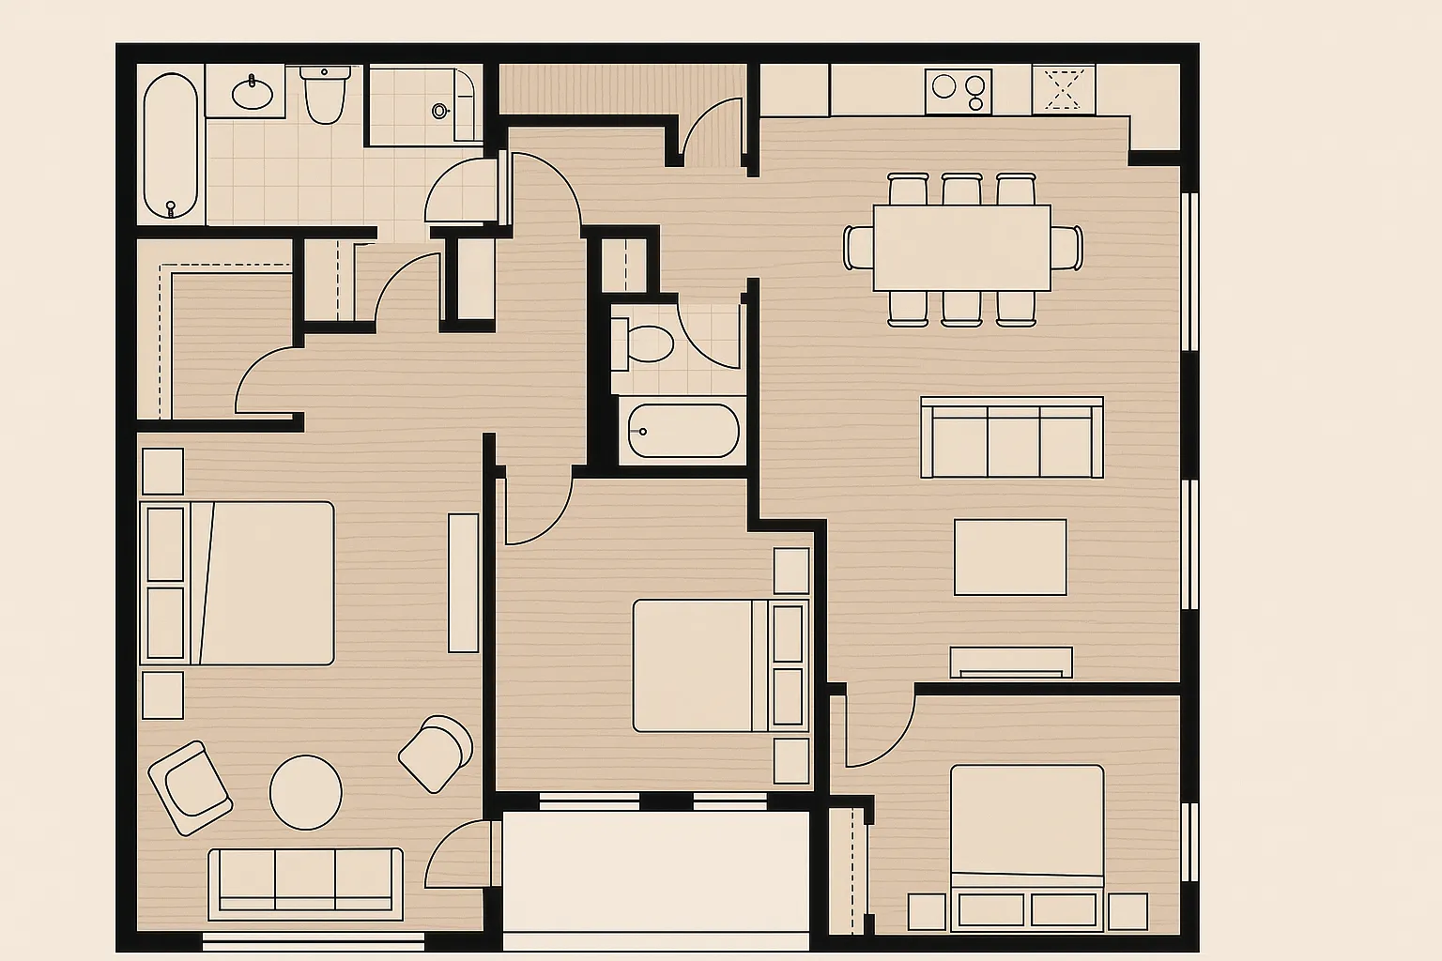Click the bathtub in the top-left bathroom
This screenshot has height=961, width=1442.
171,145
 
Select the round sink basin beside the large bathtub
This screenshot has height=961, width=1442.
252,93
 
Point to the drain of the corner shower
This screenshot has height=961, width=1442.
439,111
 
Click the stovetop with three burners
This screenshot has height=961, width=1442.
958,91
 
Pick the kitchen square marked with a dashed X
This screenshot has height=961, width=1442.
1063,90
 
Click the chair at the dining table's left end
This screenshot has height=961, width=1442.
858,248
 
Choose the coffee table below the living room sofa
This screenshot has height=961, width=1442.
1010,557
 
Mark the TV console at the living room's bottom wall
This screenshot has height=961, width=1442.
1010,662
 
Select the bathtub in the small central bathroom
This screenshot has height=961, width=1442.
683,431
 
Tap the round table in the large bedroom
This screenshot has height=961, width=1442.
306,793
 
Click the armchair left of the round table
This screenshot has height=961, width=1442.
191,787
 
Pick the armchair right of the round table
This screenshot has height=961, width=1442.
436,753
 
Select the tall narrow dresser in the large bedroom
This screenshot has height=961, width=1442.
464,582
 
